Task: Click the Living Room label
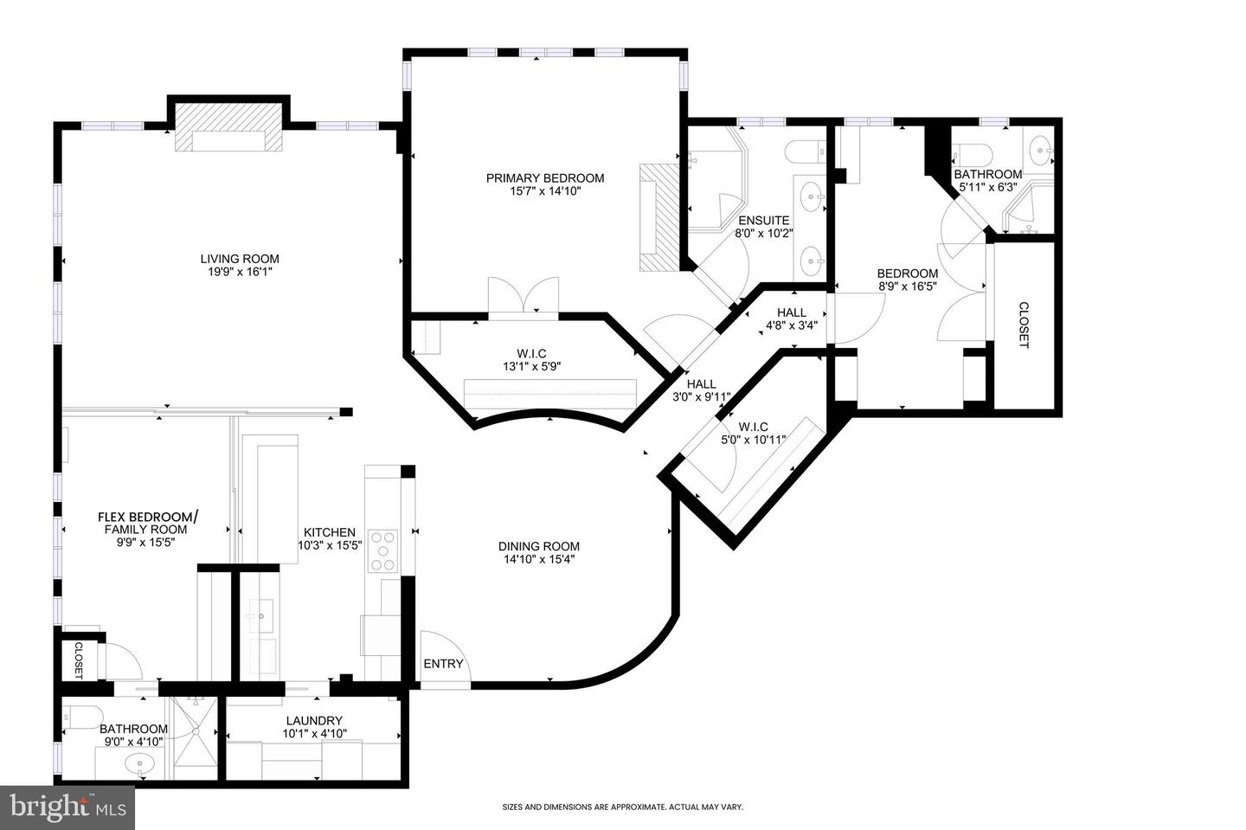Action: (240, 259)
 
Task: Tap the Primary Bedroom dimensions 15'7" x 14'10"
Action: (545, 191)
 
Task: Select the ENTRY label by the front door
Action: (443, 664)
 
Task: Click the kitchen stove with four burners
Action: (382, 550)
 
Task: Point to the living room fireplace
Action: (229, 138)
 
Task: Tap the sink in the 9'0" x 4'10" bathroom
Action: (138, 763)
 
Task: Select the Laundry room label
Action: (313, 720)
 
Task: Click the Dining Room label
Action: (538, 546)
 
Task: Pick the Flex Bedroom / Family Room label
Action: (146, 518)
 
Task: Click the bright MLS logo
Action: (67, 808)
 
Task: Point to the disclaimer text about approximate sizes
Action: (623, 807)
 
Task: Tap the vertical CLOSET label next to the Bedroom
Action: (1024, 325)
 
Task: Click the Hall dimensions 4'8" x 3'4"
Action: (791, 326)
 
